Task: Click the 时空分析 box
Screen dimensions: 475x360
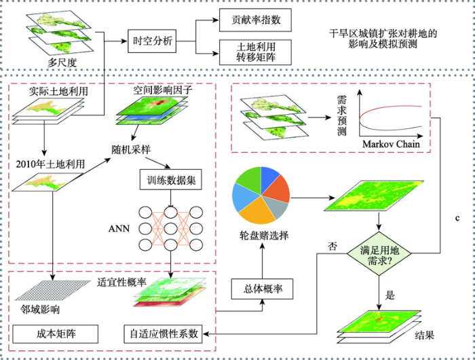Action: [x=152, y=41]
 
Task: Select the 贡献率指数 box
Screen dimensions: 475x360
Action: [x=255, y=20]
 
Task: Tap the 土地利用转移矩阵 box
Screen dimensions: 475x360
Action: [x=255, y=52]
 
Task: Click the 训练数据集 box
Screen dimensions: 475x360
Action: [x=171, y=179]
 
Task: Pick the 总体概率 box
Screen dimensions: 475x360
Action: [x=263, y=289]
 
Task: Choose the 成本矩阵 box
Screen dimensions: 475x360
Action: [x=55, y=334]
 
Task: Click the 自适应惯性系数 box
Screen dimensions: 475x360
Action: [x=164, y=334]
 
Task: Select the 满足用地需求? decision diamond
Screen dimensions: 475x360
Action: [x=379, y=253]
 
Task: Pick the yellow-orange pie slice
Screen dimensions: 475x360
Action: [x=258, y=212]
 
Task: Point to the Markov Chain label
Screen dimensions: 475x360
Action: [x=391, y=143]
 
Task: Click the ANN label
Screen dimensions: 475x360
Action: [x=119, y=228]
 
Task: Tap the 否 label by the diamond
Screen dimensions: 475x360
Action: [x=332, y=246]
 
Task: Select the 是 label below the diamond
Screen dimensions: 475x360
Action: [x=390, y=295]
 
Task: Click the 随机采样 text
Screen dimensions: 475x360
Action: [x=131, y=149]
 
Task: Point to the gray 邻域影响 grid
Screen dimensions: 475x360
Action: [x=53, y=290]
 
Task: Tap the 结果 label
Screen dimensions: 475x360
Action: [x=424, y=335]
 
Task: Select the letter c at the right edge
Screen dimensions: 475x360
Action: [x=457, y=218]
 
